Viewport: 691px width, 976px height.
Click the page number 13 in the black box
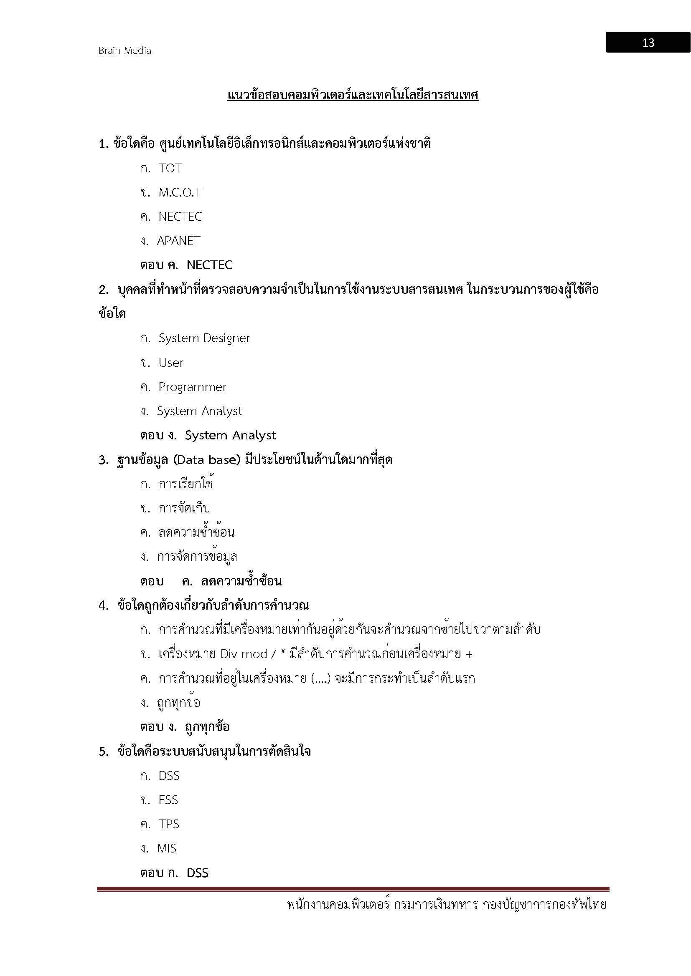[648, 43]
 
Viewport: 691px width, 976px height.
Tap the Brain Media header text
[124, 50]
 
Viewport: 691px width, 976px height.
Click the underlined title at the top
[353, 95]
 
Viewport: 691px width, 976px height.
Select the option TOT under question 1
[170, 168]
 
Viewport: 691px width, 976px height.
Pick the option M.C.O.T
[180, 192]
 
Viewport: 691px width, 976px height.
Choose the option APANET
[178, 241]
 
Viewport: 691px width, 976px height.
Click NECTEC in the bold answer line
[209, 265]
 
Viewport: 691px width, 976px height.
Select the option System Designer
[204, 338]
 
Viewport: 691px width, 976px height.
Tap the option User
[170, 363]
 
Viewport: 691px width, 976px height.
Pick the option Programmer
[192, 387]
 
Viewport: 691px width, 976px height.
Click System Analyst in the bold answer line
[230, 435]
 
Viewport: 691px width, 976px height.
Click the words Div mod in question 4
[244, 654]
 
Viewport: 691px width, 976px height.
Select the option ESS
[168, 800]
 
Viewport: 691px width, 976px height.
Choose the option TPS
[168, 824]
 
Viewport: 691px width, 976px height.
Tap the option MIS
[166, 848]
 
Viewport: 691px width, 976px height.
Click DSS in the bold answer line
[198, 873]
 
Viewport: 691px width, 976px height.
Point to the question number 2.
[103, 290]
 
